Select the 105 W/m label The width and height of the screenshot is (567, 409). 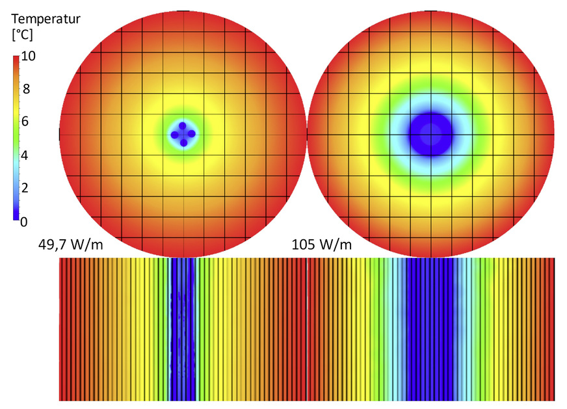[x=319, y=244]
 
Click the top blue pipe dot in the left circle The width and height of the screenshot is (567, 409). [x=183, y=125]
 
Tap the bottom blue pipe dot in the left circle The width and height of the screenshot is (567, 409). [x=183, y=142]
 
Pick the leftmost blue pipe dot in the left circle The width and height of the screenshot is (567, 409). [x=174, y=135]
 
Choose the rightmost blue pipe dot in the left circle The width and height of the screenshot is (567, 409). [x=192, y=134]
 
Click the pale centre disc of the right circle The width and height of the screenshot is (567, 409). [x=430, y=135]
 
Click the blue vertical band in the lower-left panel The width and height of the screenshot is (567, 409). [x=183, y=329]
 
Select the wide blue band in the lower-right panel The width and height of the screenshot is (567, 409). [x=430, y=329]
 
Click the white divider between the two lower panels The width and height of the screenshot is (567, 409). [x=306, y=329]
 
